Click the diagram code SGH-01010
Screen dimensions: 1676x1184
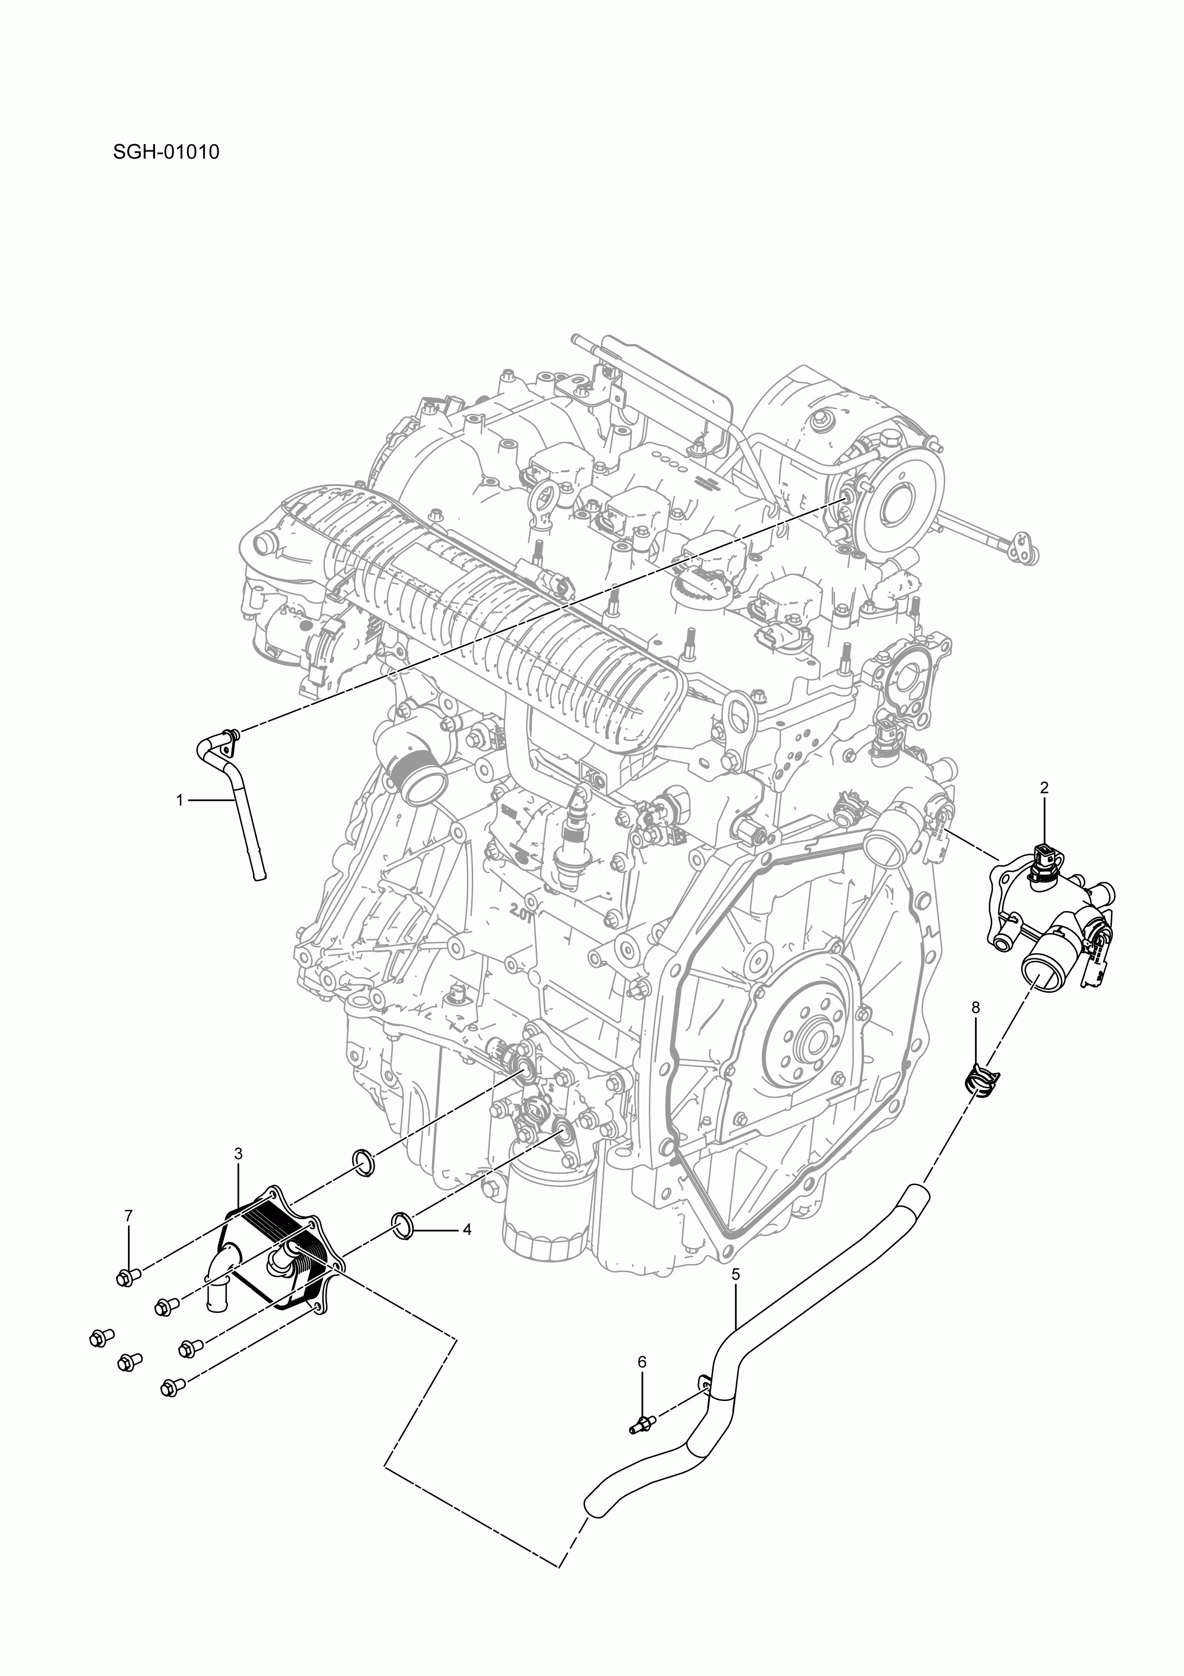(x=166, y=153)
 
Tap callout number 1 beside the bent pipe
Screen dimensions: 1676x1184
(x=180, y=800)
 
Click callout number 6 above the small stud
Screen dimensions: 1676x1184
(x=642, y=1361)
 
